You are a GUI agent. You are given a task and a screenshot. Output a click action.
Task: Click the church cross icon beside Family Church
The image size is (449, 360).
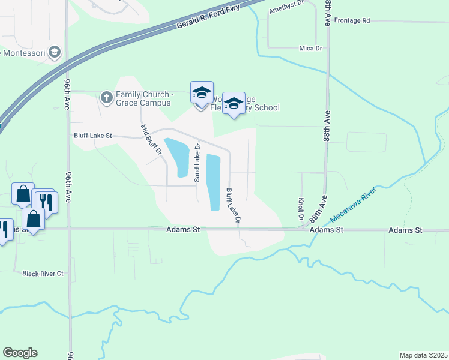pyautogui.click(x=106, y=96)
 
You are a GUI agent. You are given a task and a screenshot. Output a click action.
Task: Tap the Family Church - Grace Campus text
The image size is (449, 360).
pyautogui.click(x=144, y=98)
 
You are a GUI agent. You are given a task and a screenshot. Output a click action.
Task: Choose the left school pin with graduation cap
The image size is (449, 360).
pyautogui.click(x=202, y=92)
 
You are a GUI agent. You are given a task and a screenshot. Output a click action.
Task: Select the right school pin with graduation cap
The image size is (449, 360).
pyautogui.click(x=234, y=103)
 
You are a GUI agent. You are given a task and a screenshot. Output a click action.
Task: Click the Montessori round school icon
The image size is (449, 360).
pyautogui.click(x=55, y=53)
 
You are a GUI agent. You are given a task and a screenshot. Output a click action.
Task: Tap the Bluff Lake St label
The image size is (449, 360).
pyautogui.click(x=93, y=136)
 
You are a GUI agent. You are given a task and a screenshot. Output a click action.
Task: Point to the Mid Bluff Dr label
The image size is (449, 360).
pyautogui.click(x=151, y=140)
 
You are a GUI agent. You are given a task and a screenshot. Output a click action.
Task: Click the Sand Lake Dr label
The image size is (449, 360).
pyautogui.click(x=196, y=163)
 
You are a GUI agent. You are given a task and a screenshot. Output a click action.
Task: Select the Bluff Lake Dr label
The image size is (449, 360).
pyautogui.click(x=233, y=206)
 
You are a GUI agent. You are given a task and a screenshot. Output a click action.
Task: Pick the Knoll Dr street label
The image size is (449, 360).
pyautogui.click(x=300, y=208)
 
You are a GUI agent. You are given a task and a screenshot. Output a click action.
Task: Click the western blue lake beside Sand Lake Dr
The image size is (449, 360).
pyautogui.click(x=179, y=157)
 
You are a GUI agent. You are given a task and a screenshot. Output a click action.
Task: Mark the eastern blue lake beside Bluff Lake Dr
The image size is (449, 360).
pyautogui.click(x=214, y=182)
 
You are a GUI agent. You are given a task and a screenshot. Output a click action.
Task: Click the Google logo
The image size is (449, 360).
pyautogui.click(x=20, y=353)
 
